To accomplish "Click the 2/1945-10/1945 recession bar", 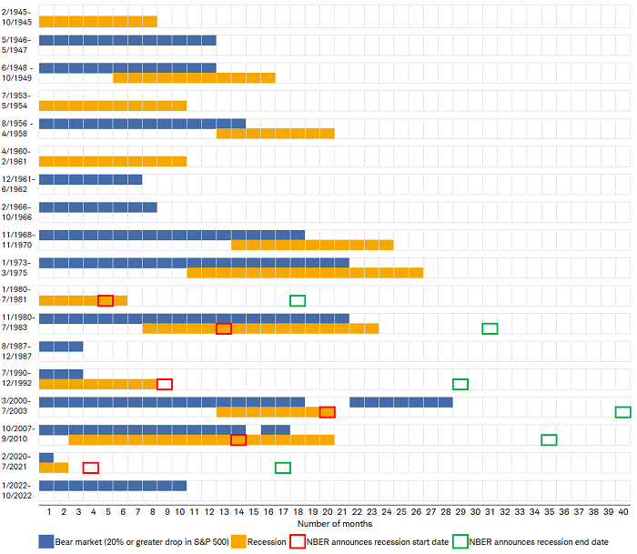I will [x=97, y=21].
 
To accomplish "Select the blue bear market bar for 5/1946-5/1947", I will [x=127, y=40].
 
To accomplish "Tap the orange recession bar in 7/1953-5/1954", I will [x=113, y=106].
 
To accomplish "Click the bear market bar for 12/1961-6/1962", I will [x=90, y=179].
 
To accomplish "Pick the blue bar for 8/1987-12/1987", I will [x=61, y=346].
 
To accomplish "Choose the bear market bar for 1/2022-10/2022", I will [x=113, y=485].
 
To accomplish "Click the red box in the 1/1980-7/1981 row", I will [x=106, y=300].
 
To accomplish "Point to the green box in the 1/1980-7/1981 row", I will [x=298, y=300].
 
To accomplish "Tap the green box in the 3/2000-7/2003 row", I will [x=622, y=412].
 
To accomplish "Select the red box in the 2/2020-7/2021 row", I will [x=90, y=468].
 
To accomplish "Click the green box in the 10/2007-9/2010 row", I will [x=549, y=439].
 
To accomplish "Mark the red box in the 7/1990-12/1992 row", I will [x=165, y=384].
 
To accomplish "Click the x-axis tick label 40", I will [x=622, y=511].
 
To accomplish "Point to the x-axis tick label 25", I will [x=401, y=511].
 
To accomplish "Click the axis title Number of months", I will [x=334, y=524].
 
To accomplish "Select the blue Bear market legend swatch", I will [x=46, y=541].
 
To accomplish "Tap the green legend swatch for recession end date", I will [x=460, y=541].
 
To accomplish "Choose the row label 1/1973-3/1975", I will [x=18, y=267].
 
